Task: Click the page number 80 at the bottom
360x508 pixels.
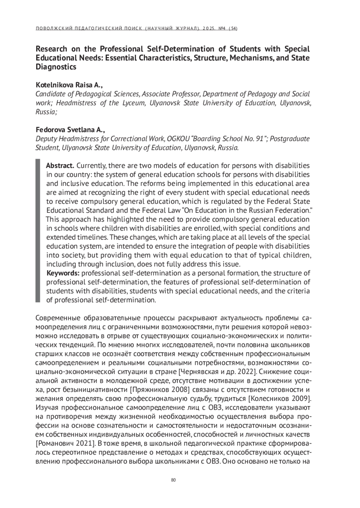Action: click(173, 480)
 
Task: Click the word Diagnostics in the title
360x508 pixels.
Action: click(56, 67)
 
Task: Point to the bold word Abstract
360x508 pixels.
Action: click(60, 166)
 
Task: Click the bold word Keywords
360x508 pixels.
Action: click(63, 273)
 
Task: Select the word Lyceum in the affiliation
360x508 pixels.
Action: click(133, 103)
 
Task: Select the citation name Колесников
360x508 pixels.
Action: click(269, 399)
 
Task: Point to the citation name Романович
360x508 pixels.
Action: click(56, 444)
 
